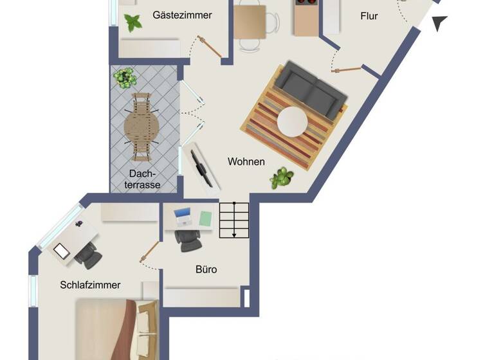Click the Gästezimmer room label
click(x=182, y=15)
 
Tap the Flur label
click(x=369, y=16)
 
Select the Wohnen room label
click(x=246, y=162)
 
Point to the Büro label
click(x=206, y=269)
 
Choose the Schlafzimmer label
click(x=90, y=285)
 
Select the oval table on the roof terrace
click(x=141, y=127)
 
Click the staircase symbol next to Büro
click(x=234, y=219)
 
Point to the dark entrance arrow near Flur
click(x=439, y=23)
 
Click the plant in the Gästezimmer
click(x=133, y=22)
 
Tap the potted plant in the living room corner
click(x=281, y=178)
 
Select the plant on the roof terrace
click(x=125, y=78)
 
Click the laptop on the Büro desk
click(x=183, y=217)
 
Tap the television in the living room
click(x=200, y=166)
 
